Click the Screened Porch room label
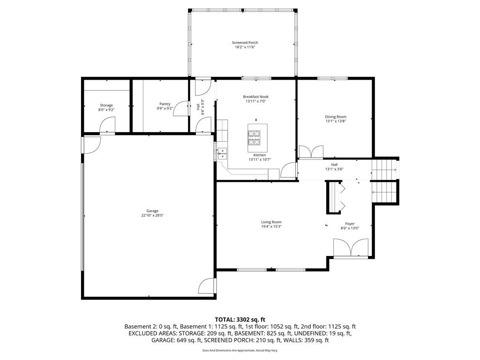point(245,43)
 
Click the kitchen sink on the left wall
point(222,151)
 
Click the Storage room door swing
point(107,126)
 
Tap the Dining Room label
point(336,117)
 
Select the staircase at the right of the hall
point(384,180)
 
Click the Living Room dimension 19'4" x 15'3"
point(271,226)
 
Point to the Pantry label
point(165,104)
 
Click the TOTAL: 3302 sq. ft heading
point(240,319)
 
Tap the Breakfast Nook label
point(256,97)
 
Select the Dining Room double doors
point(311,152)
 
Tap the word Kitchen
point(260,155)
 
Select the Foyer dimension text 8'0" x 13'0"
point(350,228)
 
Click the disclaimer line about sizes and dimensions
point(240,350)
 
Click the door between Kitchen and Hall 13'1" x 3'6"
point(288,170)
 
